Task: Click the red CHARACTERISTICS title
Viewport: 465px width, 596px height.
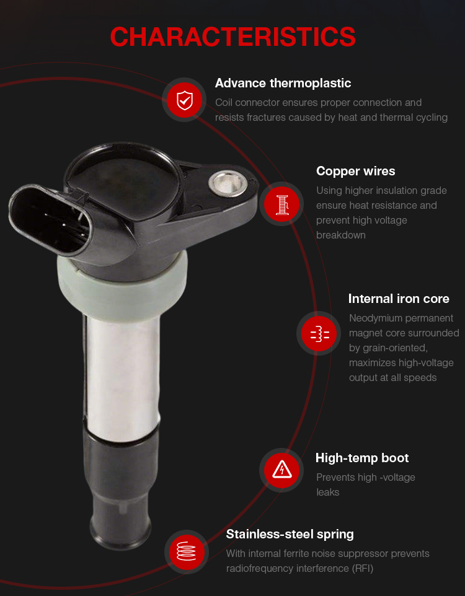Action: pyautogui.click(x=233, y=37)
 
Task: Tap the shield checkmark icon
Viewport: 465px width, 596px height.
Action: pyautogui.click(x=185, y=100)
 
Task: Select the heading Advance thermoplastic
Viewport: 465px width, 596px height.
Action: pyautogui.click(x=283, y=83)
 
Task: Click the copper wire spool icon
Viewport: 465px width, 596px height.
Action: pyautogui.click(x=282, y=204)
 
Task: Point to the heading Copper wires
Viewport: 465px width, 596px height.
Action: pyautogui.click(x=355, y=171)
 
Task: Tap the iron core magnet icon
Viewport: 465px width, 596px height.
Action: pyautogui.click(x=319, y=334)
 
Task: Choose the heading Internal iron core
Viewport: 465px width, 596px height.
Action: pyautogui.click(x=399, y=299)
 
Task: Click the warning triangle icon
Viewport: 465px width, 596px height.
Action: pyautogui.click(x=281, y=470)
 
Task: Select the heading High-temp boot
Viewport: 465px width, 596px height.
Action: pyautogui.click(x=362, y=458)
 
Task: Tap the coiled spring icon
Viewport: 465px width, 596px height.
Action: pyautogui.click(x=187, y=551)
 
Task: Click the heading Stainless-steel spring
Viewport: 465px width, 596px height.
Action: pyautogui.click(x=290, y=534)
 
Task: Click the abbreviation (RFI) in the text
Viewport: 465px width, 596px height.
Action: pyautogui.click(x=362, y=569)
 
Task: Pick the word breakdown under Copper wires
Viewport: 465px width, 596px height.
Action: pyautogui.click(x=340, y=235)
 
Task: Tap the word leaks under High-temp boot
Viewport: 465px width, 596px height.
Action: pyautogui.click(x=327, y=493)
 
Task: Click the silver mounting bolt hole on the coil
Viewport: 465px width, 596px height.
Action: pyautogui.click(x=228, y=183)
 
